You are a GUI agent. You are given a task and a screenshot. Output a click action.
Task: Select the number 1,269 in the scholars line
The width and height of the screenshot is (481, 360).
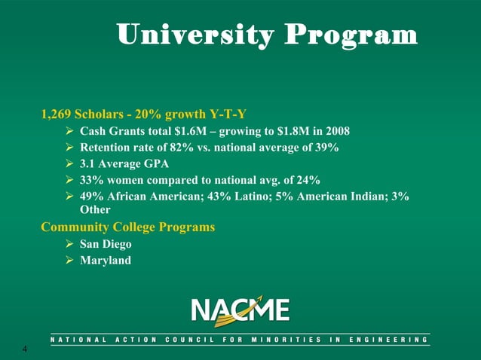click(56, 114)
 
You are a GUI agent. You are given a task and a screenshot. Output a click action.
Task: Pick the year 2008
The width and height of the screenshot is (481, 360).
click(336, 131)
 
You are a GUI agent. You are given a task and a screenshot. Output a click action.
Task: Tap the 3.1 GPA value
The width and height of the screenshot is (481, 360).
click(87, 164)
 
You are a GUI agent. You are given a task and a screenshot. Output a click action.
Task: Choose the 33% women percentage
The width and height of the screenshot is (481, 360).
click(91, 180)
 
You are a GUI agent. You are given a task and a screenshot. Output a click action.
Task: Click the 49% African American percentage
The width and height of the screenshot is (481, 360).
click(91, 197)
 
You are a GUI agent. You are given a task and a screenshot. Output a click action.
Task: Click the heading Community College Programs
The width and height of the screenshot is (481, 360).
click(128, 227)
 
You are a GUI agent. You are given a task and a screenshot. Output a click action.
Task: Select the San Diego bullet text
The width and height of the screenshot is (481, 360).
click(106, 244)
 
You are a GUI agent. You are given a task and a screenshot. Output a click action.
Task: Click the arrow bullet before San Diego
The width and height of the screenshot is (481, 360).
click(70, 244)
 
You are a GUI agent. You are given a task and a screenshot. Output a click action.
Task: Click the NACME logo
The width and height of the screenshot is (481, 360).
click(240, 310)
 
